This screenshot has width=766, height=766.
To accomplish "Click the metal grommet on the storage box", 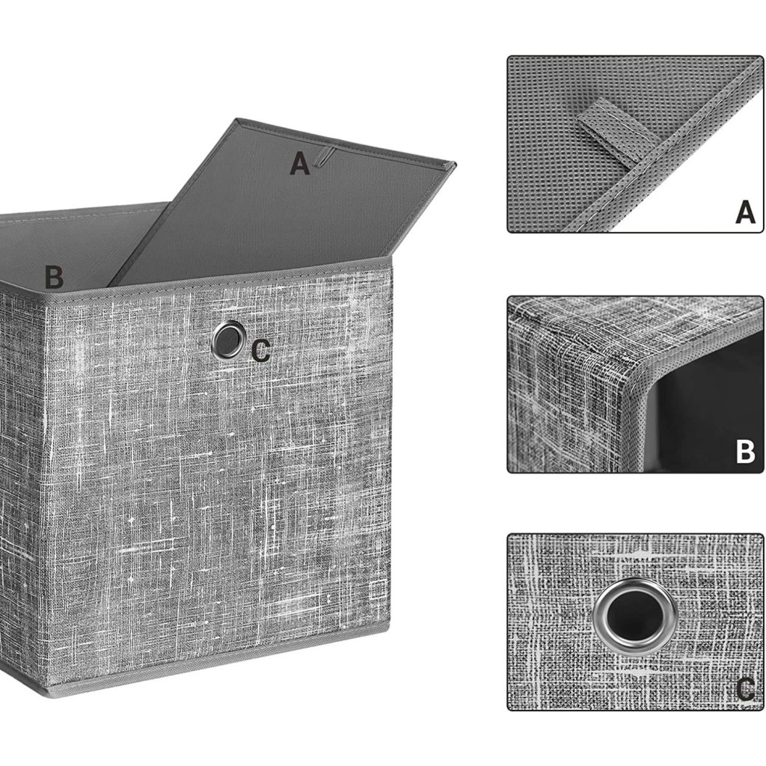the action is pos(227,339).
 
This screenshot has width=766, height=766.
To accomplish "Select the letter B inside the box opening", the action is pos(54,277).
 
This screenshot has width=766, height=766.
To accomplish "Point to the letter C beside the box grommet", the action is pos(261,351).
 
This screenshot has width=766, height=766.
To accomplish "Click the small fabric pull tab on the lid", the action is pos(323,157).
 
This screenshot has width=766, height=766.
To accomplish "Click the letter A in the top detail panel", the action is pos(746,212).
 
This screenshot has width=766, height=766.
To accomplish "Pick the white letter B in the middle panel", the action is pos(746,452).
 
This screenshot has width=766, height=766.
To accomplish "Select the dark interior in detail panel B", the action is pos(708,411).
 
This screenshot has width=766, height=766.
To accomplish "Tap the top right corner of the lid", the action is pos(456,164).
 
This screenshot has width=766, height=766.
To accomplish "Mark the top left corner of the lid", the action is pos(237,119).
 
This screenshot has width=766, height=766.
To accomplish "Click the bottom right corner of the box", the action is pos(389,629).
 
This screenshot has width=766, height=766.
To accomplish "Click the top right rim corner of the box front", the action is pos(390,259).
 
